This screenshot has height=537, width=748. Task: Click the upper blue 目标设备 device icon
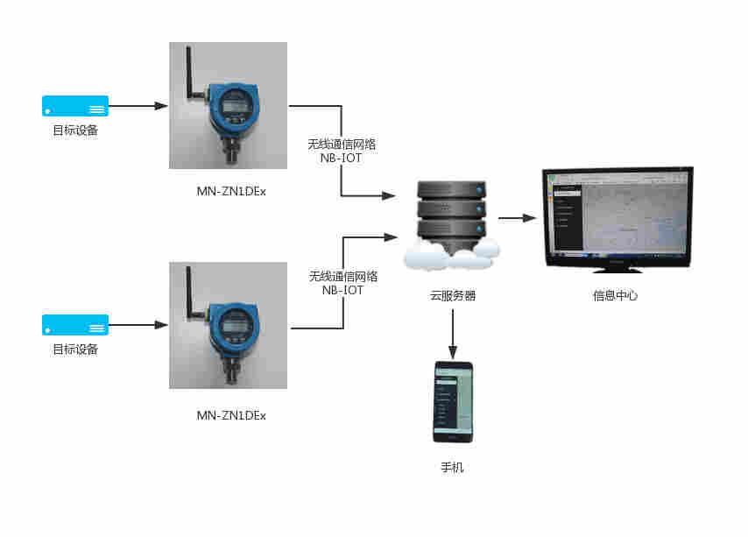tap(75, 106)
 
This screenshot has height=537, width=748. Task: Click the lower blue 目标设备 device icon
tap(75, 325)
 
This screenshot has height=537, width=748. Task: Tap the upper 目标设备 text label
tap(75, 131)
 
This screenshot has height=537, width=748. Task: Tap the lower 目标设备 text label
tap(75, 350)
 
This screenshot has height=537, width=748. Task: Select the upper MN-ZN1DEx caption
tap(231, 191)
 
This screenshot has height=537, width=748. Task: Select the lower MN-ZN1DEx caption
tap(231, 414)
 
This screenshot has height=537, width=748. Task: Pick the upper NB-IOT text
tap(342, 159)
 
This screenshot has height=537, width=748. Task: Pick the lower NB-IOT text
tap(342, 290)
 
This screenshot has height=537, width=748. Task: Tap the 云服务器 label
tap(452, 296)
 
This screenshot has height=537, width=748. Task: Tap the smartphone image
tap(452, 402)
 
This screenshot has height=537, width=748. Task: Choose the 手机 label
tap(452, 468)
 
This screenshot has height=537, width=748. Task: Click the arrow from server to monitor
tap(516, 217)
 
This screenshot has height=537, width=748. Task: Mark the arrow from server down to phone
tap(452, 329)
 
